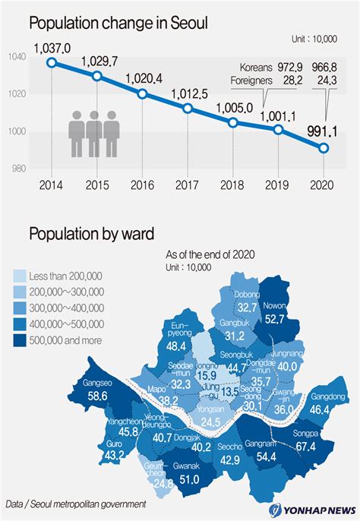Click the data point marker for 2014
[x=52, y=62]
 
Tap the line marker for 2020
[x=324, y=148]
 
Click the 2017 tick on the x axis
[x=188, y=185]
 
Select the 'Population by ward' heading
[x=92, y=232]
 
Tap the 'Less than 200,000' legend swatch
[x=20, y=276]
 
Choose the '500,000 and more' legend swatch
[x=20, y=340]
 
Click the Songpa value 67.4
[x=305, y=447]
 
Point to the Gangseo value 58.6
[x=96, y=396]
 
